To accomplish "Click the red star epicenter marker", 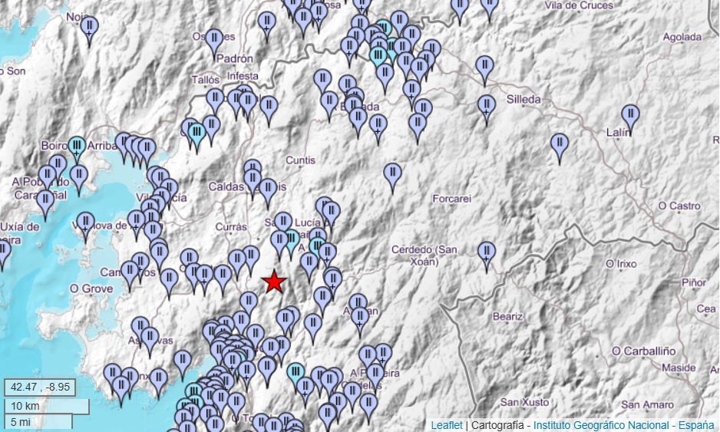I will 274,282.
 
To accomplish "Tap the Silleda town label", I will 523,99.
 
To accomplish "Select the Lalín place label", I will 618,133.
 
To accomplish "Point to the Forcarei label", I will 451,199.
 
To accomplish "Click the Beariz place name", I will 507,315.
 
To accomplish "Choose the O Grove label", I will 91,289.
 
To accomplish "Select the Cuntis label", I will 300,160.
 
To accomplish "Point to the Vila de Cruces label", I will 579,5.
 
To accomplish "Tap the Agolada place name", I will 682,36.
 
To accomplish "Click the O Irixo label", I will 621,264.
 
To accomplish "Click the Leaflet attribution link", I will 447,424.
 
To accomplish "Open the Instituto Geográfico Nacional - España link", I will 623,424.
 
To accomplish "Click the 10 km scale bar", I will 46,405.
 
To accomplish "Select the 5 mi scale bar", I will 38,421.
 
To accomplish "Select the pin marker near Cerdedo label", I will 486,252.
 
